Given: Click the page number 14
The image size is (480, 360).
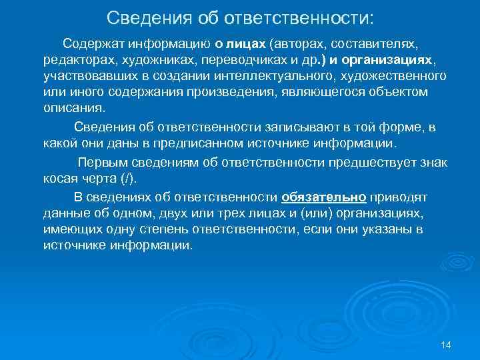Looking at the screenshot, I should (446, 344).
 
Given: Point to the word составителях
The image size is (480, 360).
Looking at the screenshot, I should (374, 44).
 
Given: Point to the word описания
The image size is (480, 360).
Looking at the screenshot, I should (73, 108).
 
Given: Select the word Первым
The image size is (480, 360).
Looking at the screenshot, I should (99, 163).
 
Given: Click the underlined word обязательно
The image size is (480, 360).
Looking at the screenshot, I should (324, 197).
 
